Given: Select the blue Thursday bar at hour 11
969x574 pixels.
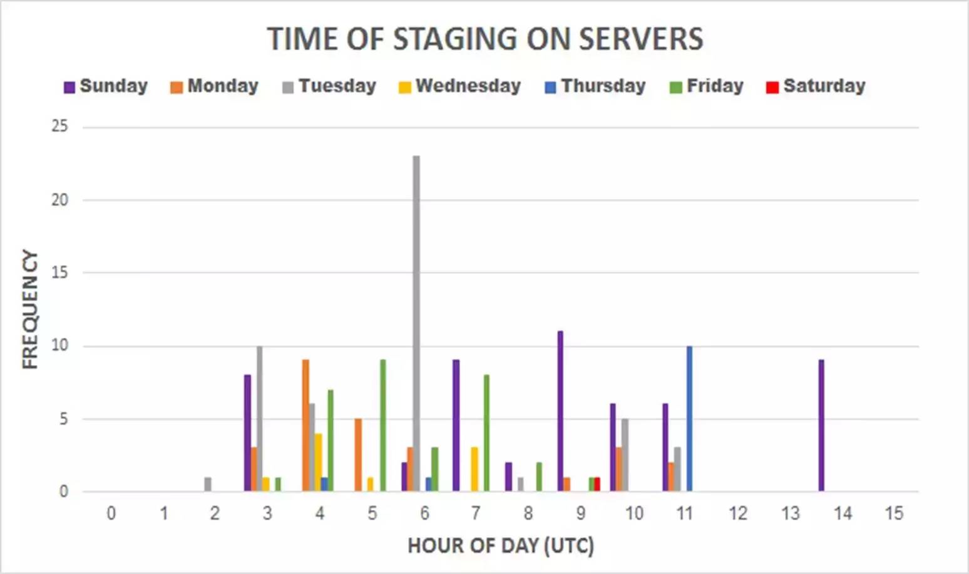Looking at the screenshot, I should [689, 418].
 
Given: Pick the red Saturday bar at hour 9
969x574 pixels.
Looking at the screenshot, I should [597, 485].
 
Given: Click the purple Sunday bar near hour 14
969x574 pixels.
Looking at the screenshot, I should [821, 425].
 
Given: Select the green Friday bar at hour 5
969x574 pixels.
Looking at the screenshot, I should [383, 425].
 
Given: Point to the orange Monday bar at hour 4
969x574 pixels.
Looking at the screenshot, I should [305, 425].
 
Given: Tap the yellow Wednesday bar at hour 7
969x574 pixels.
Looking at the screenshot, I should [474, 469].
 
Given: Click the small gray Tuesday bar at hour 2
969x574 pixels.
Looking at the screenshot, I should [208, 485].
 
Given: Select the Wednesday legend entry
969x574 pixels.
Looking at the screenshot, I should [460, 86].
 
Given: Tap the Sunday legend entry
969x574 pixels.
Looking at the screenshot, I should [106, 86].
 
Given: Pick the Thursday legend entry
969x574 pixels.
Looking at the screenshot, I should [595, 86].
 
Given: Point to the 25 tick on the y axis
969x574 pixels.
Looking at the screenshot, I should [60, 126].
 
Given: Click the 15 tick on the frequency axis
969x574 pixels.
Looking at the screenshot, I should [60, 273].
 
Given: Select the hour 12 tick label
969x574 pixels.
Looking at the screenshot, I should [738, 513].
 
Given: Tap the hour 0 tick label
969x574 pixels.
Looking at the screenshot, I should [111, 513].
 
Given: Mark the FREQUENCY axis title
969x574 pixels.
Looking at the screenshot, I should [30, 310].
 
